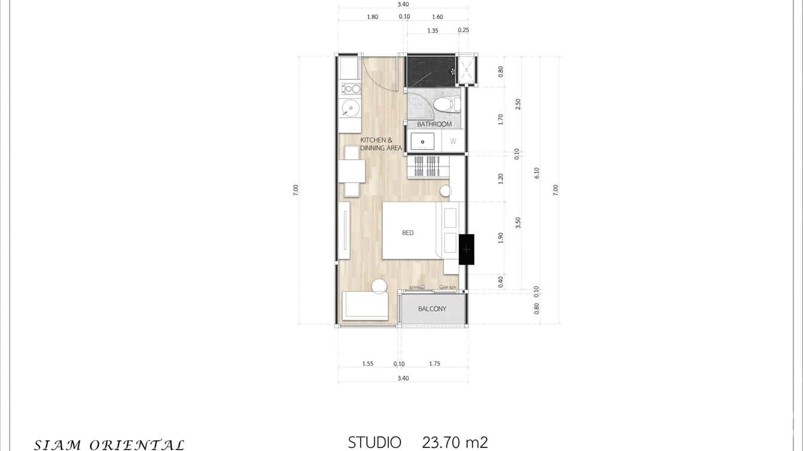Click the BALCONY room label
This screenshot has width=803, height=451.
click(432, 309)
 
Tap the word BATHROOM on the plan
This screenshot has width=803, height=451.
click(434, 124)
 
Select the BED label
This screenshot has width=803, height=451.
click(407, 233)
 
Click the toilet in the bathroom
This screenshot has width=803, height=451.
click(445, 105)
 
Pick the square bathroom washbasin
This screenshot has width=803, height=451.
click(422, 142)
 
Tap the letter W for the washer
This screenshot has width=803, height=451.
click(453, 142)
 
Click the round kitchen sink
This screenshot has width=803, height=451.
click(351, 108)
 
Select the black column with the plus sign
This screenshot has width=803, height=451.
click(467, 249)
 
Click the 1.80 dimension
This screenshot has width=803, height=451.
click(372, 17)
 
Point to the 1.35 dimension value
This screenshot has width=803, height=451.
click(433, 30)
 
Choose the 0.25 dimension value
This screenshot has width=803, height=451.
click(463, 30)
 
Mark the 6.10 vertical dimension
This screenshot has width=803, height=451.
click(537, 172)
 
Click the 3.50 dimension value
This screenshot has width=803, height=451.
click(518, 223)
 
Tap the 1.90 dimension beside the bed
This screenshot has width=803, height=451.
click(500, 237)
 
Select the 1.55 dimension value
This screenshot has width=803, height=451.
click(367, 364)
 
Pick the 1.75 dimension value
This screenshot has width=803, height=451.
click(434, 364)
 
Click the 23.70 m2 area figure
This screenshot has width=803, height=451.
click(455, 443)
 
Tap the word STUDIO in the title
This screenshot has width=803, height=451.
click(375, 443)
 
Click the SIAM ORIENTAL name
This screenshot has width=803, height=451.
click(109, 444)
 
